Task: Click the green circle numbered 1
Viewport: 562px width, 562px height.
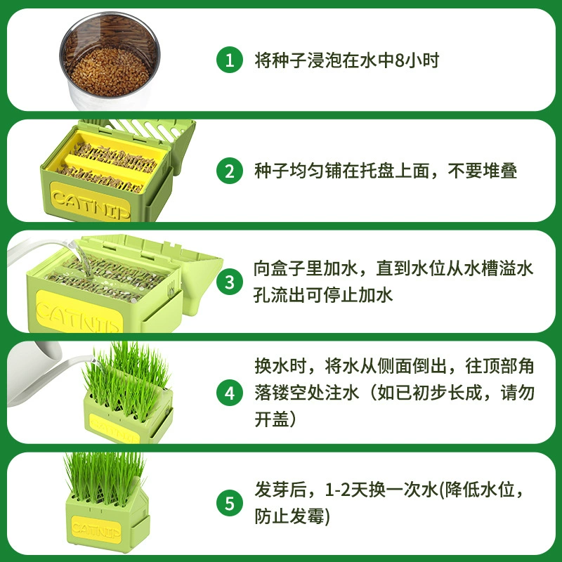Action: pyautogui.click(x=230, y=60)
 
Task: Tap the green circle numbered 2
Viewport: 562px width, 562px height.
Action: pyautogui.click(x=230, y=171)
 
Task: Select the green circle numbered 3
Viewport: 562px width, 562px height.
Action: pyautogui.click(x=230, y=282)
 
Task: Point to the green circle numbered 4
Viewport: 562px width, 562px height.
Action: pyautogui.click(x=230, y=393)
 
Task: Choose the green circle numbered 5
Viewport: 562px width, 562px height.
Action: pyautogui.click(x=230, y=503)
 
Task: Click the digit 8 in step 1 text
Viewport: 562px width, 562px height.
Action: pyautogui.click(x=399, y=60)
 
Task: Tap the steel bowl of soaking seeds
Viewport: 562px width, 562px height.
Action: pyautogui.click(x=110, y=60)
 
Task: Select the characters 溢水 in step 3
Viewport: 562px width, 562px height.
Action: pyautogui.click(x=516, y=269)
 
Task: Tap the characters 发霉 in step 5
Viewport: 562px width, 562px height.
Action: pyautogui.click(x=308, y=516)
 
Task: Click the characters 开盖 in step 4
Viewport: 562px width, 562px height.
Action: pyautogui.click(x=272, y=419)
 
